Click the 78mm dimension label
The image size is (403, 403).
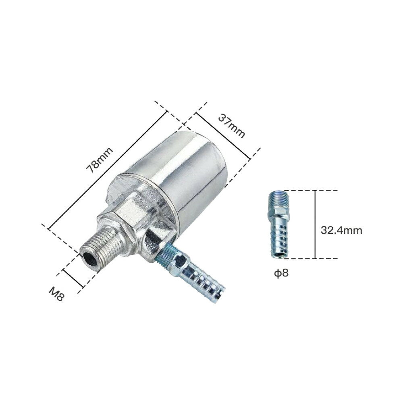coord(100,160)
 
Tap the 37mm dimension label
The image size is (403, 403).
coord(232,126)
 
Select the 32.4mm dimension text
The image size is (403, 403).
coord(341,230)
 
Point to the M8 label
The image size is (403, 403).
coord(56,294)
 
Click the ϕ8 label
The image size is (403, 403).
coord(281,273)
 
